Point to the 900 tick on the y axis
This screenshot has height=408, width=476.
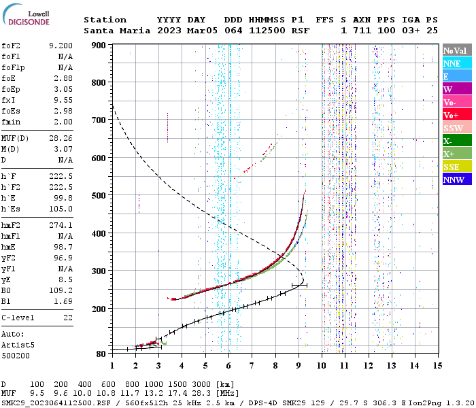[x=101, y=45]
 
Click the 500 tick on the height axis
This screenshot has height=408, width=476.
[x=101, y=196]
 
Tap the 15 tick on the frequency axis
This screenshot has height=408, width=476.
[x=438, y=366]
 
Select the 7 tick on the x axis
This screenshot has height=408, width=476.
[x=252, y=366]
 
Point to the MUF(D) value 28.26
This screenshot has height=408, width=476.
[x=61, y=139]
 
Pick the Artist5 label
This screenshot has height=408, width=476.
[x=18, y=345]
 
